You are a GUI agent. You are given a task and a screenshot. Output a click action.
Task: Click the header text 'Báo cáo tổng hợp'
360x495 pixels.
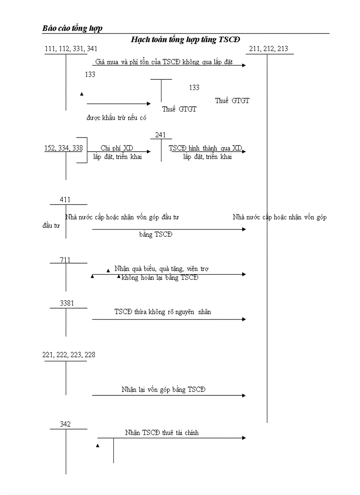coord(72,28)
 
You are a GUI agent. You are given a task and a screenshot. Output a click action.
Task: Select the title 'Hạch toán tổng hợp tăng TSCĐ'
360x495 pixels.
coord(185,40)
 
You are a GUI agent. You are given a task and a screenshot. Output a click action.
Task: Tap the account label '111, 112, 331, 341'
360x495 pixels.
coord(71,48)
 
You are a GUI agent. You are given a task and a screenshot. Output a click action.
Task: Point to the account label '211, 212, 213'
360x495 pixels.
coord(268,48)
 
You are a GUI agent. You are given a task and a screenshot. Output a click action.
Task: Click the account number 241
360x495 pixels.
coord(161,135)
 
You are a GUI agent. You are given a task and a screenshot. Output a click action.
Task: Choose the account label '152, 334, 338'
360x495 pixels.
coord(63,149)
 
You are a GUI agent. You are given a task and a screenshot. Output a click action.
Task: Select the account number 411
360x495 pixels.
coord(65,200)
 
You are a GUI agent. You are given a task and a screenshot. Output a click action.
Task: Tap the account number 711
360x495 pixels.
coord(65,260)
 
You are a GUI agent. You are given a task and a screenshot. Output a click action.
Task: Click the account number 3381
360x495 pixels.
coord(67,303)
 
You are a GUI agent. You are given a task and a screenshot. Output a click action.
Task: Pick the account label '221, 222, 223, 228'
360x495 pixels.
coord(68,355)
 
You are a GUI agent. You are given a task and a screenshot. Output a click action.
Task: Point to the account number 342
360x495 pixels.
coord(65,424)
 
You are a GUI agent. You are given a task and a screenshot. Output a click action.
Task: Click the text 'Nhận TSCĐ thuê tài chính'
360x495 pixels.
coord(161,433)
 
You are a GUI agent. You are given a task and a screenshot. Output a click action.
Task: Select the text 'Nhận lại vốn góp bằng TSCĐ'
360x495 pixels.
coord(164,390)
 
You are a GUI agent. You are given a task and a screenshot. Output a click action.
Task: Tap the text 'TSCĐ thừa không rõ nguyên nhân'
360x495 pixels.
coord(163,312)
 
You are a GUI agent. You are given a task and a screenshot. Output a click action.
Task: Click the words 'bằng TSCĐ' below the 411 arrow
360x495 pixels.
coord(156,234)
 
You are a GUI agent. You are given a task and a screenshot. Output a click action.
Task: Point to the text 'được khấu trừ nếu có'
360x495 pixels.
coord(116,118)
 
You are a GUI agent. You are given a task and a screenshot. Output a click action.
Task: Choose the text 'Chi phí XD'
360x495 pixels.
coord(117,149)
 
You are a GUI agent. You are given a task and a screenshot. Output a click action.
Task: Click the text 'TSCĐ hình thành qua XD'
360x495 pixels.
coord(206,149)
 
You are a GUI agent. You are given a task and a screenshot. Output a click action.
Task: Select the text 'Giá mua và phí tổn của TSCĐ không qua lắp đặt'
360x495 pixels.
coord(164,62)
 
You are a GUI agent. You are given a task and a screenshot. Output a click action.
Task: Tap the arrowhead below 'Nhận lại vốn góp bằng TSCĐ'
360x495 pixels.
coord(244,395)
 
